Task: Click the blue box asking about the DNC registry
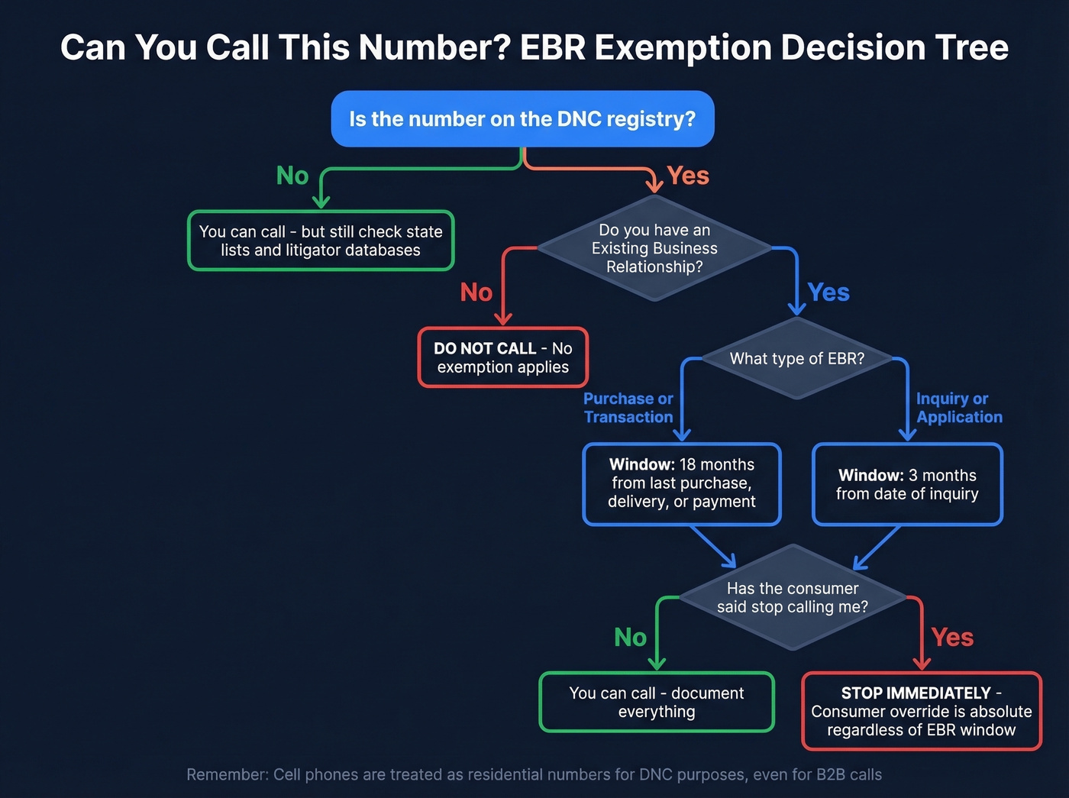click(522, 119)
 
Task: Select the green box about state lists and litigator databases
click(321, 241)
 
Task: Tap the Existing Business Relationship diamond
click(654, 248)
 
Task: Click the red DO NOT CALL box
click(502, 357)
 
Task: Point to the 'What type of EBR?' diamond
click(796, 358)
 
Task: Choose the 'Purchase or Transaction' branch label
click(628, 408)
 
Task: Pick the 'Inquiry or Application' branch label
click(959, 408)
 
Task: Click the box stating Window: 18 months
click(681, 483)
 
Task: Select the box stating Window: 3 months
click(907, 485)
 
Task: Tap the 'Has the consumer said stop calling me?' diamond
click(793, 598)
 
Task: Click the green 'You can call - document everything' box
click(657, 703)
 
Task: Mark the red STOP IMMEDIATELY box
click(921, 712)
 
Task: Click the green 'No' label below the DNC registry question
click(292, 176)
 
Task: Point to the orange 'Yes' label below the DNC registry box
click(688, 176)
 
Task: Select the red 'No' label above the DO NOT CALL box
click(476, 292)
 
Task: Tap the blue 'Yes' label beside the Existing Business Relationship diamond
click(828, 292)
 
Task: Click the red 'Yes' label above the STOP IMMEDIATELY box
click(952, 638)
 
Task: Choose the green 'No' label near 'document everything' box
click(631, 638)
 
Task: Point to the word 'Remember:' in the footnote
click(227, 774)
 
